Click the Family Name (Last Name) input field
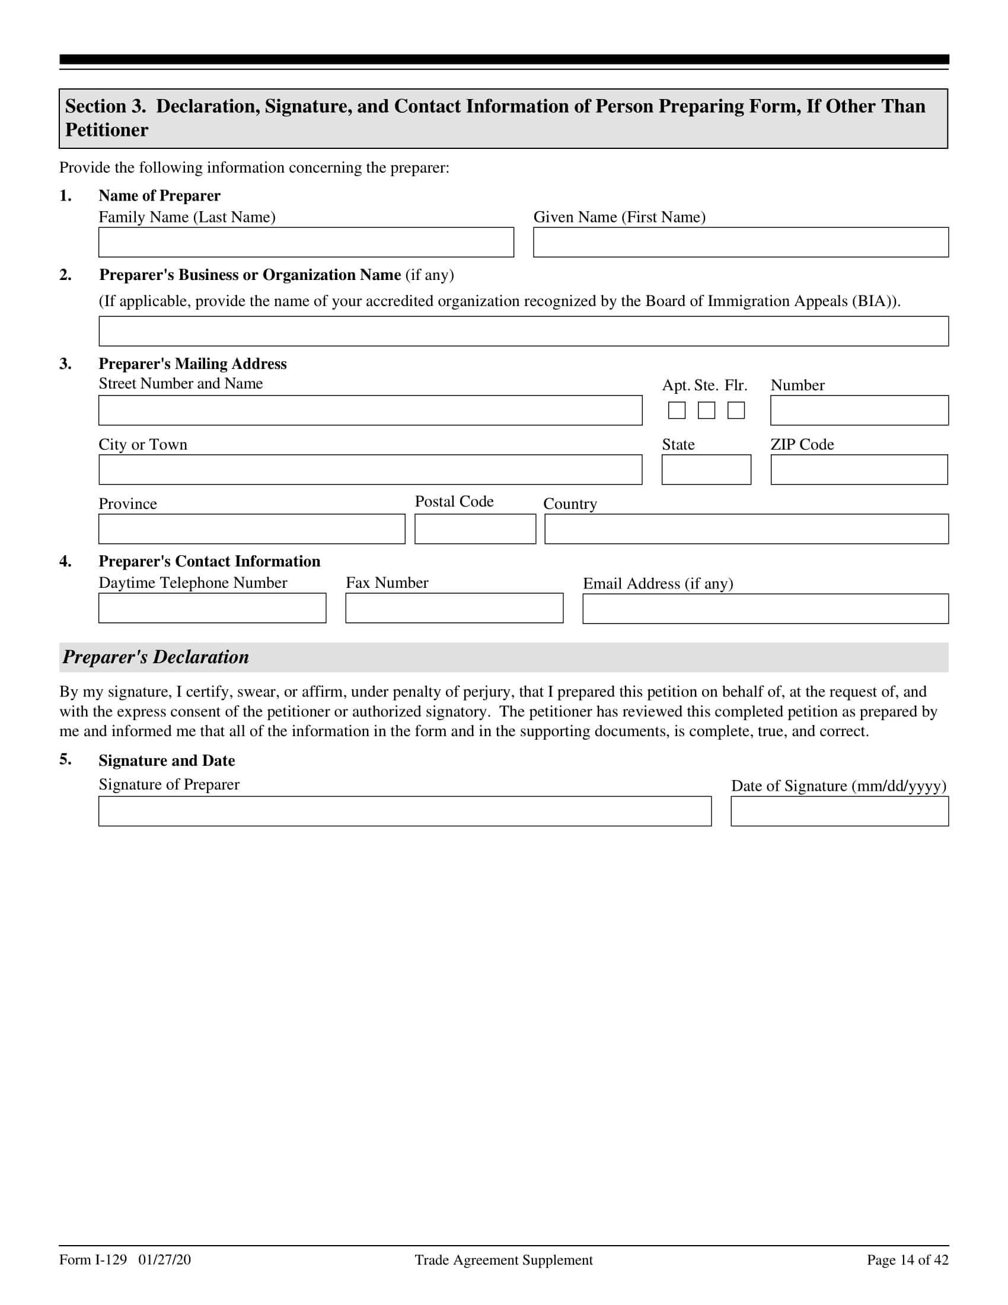(306, 242)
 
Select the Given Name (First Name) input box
(741, 242)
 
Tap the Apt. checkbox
(677, 410)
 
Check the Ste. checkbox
(706, 410)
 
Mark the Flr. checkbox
(736, 410)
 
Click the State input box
(706, 470)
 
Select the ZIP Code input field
(859, 470)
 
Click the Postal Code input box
(475, 529)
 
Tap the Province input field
(251, 529)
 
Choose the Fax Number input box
(454, 607)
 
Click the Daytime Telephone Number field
(212, 607)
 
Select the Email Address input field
(765, 608)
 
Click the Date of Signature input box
(839, 811)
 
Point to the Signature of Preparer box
(404, 811)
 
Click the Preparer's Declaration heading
(156, 657)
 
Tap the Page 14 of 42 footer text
(907, 1260)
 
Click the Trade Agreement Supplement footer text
(503, 1260)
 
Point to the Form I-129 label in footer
(93, 1260)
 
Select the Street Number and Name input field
(370, 410)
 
